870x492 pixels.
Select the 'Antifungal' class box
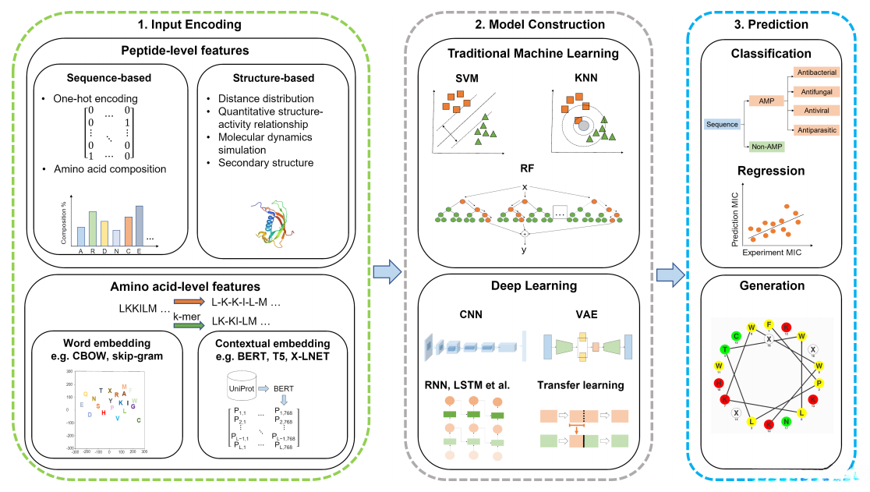coord(815,91)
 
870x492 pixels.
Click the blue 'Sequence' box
coord(721,124)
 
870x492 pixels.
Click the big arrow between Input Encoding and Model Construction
coord(387,271)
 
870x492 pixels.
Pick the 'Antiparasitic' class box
coord(815,129)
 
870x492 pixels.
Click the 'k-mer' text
coord(186,316)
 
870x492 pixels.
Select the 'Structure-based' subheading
coord(274,78)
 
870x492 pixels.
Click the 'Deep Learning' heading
coord(533,286)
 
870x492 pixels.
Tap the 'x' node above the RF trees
coord(524,186)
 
